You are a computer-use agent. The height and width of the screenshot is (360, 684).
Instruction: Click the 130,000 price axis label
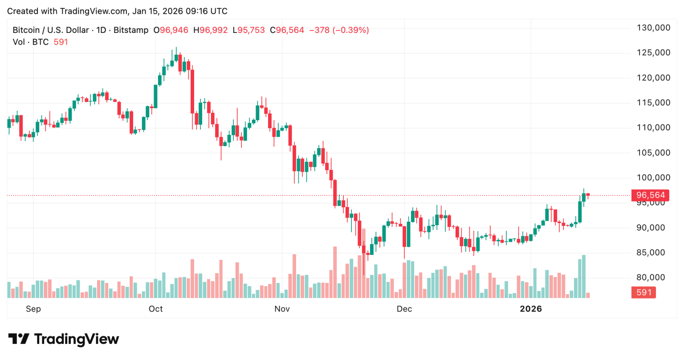[653, 28]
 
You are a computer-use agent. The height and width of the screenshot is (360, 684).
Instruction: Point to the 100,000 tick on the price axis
[653, 178]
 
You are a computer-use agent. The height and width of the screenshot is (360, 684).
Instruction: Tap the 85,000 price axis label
[653, 252]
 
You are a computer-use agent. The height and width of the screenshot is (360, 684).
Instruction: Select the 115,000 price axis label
[653, 102]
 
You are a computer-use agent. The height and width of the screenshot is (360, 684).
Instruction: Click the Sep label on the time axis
[33, 309]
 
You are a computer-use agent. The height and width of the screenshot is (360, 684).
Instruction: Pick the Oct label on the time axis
[156, 309]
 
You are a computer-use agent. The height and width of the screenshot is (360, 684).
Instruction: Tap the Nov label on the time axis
[282, 309]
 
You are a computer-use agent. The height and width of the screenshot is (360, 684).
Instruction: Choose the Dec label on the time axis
[404, 309]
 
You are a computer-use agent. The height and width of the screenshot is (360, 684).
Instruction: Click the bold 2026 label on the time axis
[531, 309]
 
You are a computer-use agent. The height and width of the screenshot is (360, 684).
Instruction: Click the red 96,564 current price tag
[650, 195]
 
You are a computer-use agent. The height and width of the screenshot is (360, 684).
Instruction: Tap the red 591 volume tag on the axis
[643, 292]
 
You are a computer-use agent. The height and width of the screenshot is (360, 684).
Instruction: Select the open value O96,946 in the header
[171, 30]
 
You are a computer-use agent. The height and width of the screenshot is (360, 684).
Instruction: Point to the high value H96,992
[213, 30]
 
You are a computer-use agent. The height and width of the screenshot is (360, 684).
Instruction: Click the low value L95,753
[248, 30]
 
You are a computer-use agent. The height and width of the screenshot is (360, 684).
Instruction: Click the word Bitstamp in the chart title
[131, 30]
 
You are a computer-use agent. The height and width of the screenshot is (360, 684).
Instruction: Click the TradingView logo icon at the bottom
[19, 339]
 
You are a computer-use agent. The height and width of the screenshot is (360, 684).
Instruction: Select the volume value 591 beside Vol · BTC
[61, 42]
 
